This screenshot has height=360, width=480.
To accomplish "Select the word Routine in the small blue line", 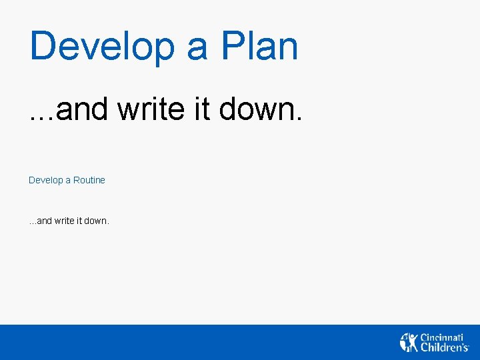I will click(89, 180).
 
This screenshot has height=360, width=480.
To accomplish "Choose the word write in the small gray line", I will click(64, 221).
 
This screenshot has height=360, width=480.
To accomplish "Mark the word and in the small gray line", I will click(44, 221).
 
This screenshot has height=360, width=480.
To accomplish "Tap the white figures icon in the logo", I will click(409, 342).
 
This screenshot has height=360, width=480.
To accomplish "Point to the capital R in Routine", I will click(77, 180).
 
